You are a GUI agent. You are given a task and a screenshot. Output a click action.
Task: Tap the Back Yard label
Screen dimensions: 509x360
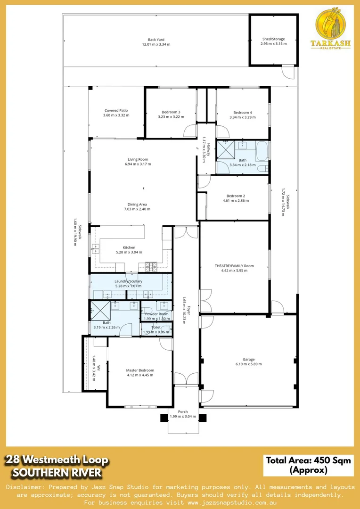(x=156, y=40)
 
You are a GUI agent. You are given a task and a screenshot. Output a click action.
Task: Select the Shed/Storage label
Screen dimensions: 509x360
(x=273, y=39)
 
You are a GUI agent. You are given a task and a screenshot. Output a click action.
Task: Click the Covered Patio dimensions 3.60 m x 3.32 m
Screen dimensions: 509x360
(x=116, y=115)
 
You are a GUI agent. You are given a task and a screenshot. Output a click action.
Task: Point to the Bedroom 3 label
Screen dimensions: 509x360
(x=169, y=112)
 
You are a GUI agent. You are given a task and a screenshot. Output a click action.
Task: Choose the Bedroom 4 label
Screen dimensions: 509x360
(x=243, y=112)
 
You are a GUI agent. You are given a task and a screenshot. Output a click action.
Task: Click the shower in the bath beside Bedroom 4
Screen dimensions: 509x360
(x=225, y=151)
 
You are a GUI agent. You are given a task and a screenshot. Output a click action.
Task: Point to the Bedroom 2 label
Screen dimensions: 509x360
(x=236, y=196)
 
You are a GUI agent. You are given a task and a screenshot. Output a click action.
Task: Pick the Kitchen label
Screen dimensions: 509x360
(x=129, y=247)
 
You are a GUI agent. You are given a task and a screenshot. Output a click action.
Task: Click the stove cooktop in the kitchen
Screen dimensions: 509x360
(x=151, y=267)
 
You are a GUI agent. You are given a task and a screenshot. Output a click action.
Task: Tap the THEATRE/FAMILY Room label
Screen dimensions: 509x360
(x=234, y=266)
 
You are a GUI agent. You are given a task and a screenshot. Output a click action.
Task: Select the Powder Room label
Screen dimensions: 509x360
(x=156, y=314)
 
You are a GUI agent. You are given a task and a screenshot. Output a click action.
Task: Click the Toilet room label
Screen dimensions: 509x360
(x=156, y=327)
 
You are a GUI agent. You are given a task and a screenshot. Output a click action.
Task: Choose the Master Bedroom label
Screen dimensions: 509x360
(x=140, y=370)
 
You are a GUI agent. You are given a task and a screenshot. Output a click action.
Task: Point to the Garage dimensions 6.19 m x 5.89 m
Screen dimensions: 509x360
(x=248, y=364)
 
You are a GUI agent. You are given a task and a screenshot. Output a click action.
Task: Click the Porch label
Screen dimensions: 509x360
(x=183, y=411)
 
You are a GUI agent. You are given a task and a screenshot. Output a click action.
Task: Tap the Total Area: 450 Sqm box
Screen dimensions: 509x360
(x=309, y=465)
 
